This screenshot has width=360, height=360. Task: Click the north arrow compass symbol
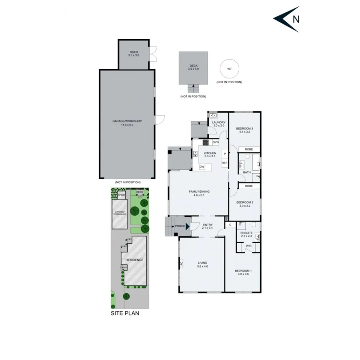point(286,19)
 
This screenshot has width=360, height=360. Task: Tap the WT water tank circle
point(229,69)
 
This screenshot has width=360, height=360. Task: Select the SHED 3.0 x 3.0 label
point(134,54)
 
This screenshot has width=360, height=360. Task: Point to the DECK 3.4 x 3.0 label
point(193,67)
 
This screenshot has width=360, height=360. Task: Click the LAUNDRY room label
point(219,124)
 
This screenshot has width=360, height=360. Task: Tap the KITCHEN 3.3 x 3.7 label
point(210,155)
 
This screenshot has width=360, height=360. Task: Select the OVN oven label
point(216,142)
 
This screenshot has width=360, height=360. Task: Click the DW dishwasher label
point(202,167)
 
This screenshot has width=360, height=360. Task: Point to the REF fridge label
point(224,163)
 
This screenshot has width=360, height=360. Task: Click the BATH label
point(247,172)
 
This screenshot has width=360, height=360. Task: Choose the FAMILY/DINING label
point(199,193)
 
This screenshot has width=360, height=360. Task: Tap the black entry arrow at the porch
point(188,227)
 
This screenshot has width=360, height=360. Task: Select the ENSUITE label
point(246,234)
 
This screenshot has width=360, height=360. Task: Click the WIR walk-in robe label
point(248,246)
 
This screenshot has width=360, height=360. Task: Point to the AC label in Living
point(181,264)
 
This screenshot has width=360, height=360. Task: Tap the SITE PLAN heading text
point(125,313)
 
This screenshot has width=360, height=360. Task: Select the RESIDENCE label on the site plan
point(134,260)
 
